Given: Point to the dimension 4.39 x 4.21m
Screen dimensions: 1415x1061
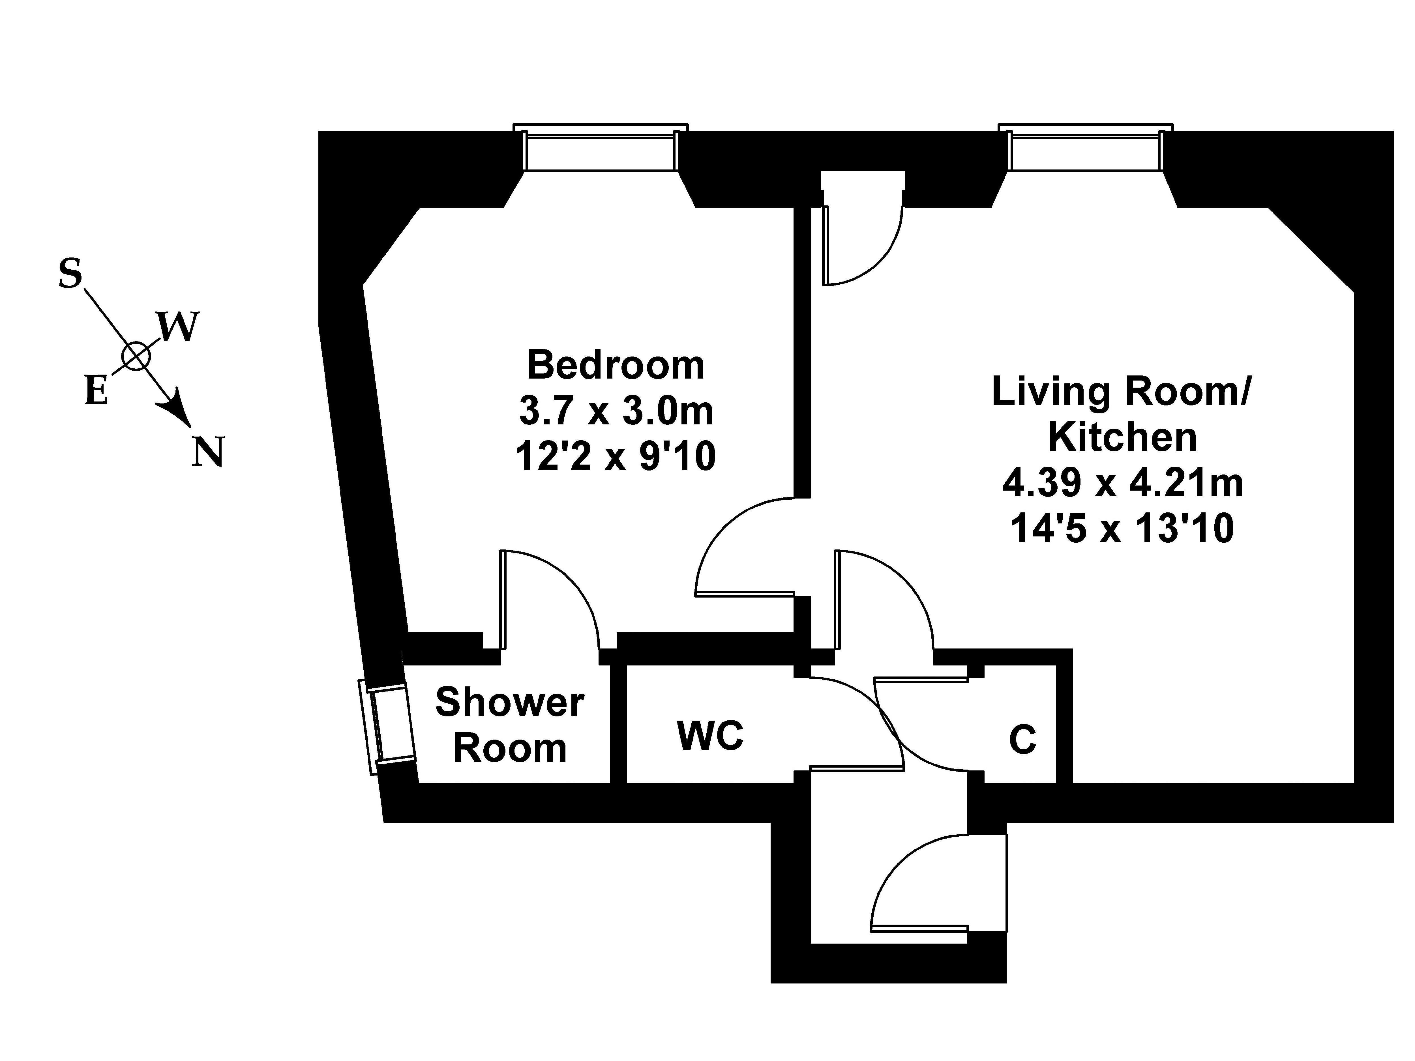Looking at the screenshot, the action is tap(1123, 483).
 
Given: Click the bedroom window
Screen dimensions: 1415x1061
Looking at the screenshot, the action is tap(601, 148).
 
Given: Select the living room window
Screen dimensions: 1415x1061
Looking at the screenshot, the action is tap(1086, 148).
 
